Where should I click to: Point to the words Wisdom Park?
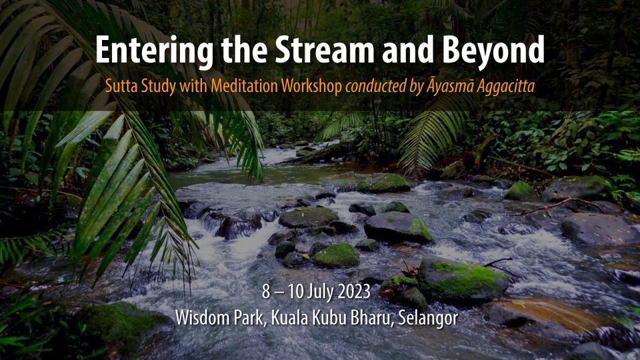pyautogui.click(x=215, y=318)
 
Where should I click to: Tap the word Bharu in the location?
pyautogui.click(x=367, y=318)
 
